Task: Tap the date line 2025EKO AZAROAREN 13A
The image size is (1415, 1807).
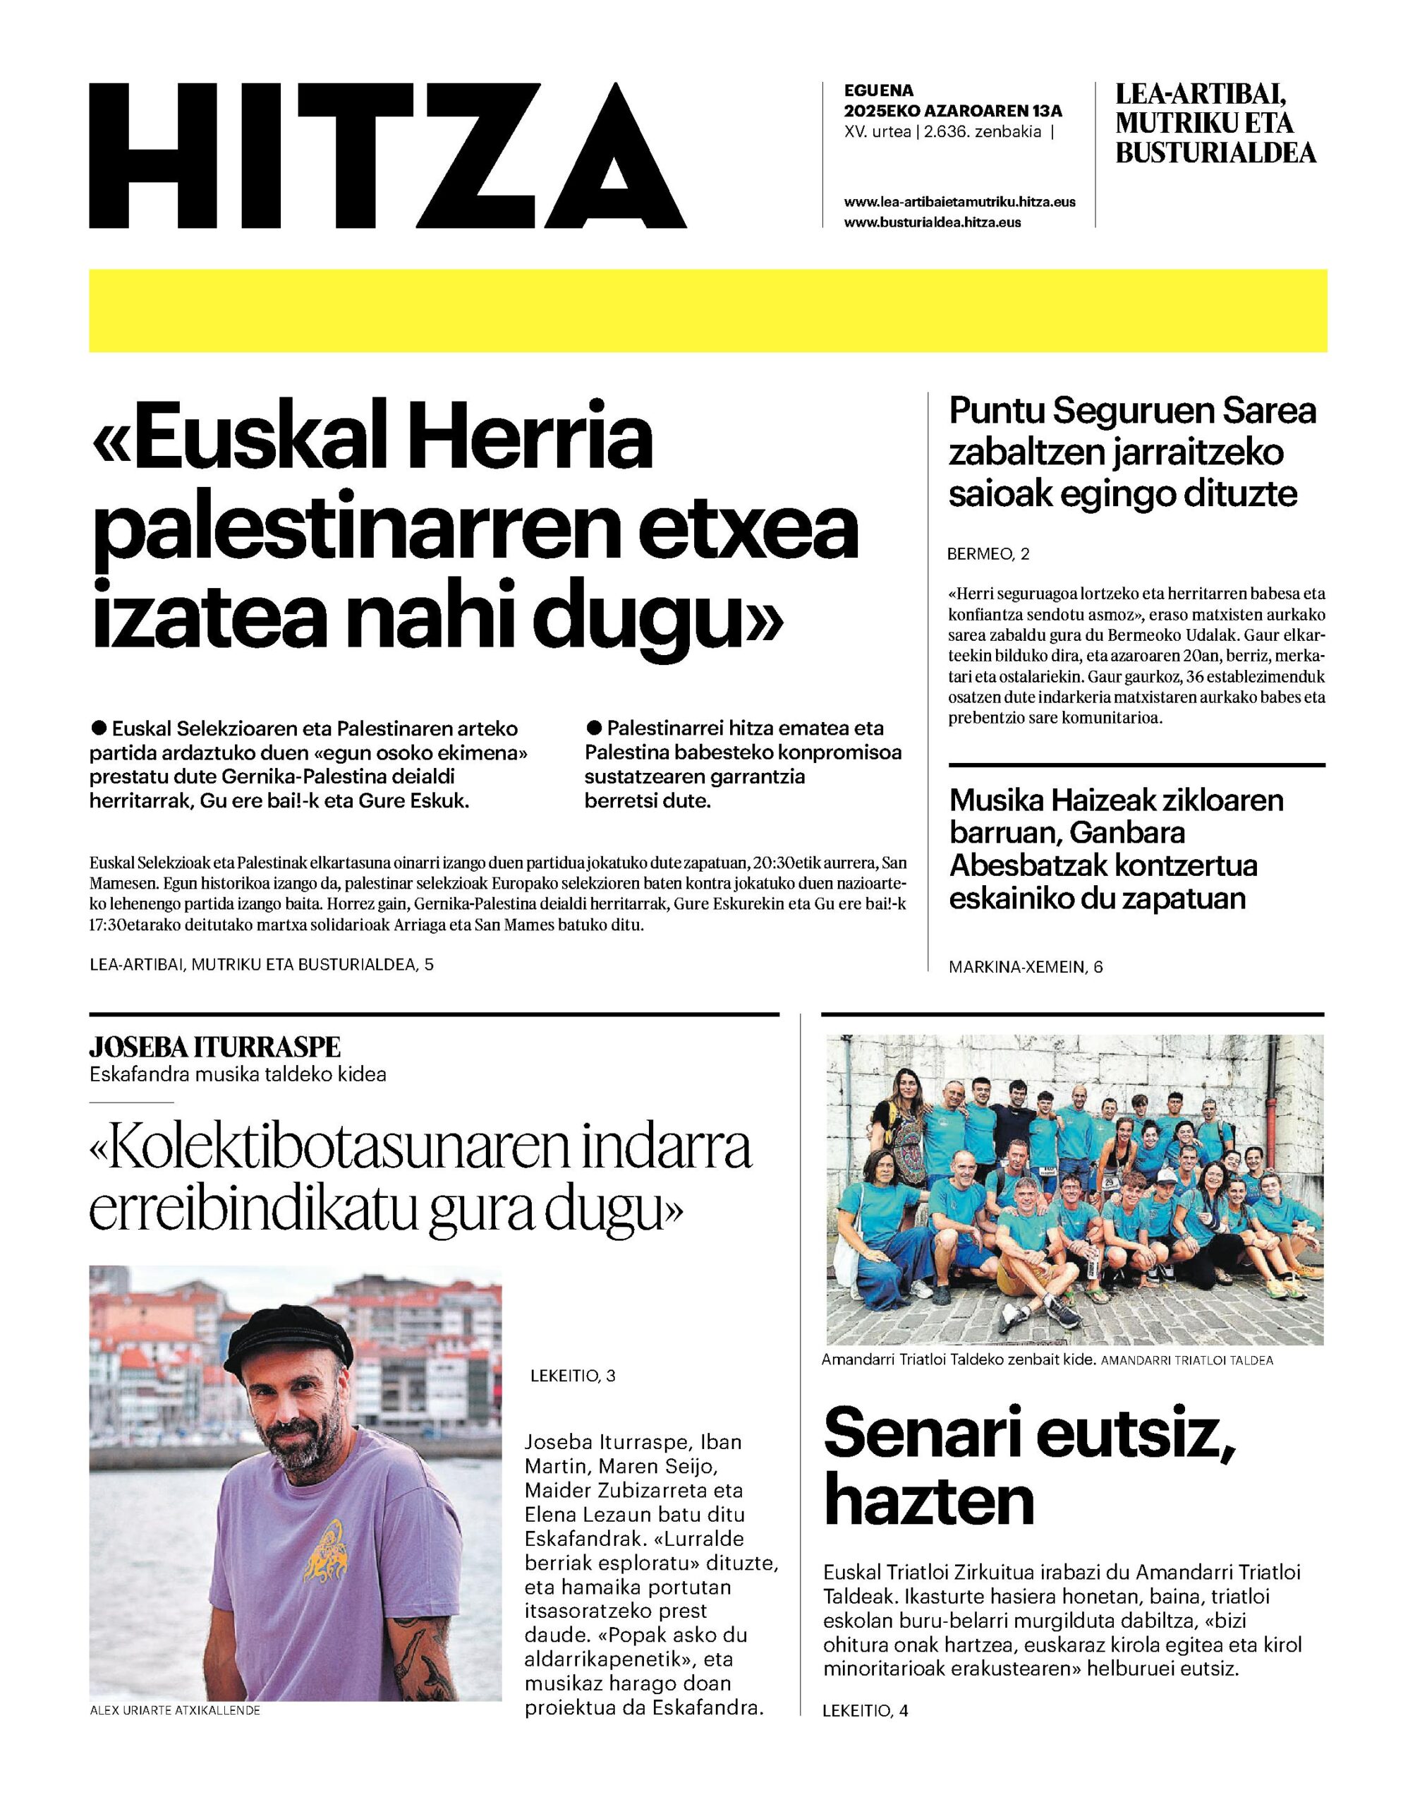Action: (x=953, y=110)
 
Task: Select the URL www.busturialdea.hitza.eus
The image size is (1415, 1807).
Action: (x=932, y=222)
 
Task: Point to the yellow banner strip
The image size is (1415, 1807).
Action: (x=707, y=310)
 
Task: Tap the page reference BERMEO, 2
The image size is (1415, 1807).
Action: (x=988, y=555)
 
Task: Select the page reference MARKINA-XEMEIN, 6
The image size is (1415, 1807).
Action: (x=1026, y=966)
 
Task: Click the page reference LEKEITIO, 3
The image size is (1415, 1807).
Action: (x=573, y=1376)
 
